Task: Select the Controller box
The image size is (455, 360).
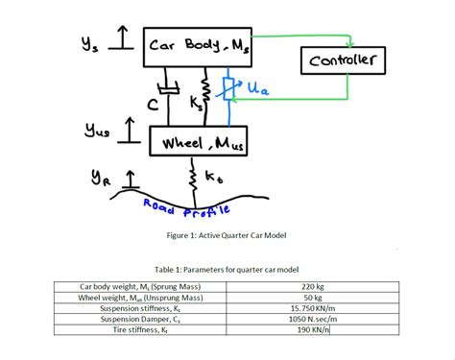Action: (347, 61)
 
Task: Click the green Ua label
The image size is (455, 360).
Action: (257, 88)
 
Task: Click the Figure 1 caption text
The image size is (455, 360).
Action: (227, 233)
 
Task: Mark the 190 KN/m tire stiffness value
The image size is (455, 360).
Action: (313, 329)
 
